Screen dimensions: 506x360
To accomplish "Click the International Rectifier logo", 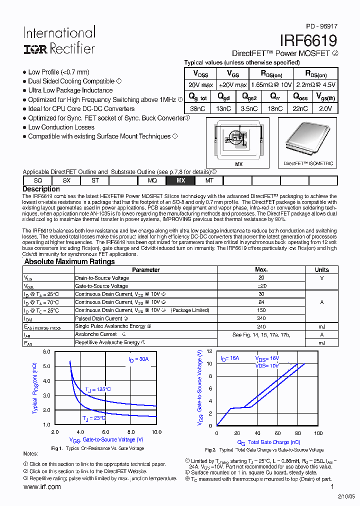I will tap(59, 40).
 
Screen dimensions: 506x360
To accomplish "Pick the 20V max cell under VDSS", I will tap(200, 84).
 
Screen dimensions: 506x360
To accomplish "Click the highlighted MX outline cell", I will tap(180, 180).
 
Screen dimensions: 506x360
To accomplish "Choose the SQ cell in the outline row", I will tap(37, 180).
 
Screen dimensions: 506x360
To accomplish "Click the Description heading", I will tap(41, 189).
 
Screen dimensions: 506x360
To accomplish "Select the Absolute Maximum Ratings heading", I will tap(69, 261).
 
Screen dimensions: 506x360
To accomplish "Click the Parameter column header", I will tap(145, 269).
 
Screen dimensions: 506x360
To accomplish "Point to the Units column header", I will tap(321, 269).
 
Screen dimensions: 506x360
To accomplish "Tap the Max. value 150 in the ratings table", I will tap(261, 310).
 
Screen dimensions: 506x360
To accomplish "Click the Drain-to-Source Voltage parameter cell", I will tap(102, 278).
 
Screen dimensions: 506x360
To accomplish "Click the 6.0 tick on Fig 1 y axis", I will tap(47, 352).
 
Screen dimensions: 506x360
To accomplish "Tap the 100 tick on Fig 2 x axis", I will tap(318, 433).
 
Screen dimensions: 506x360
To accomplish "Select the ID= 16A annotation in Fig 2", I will tap(230, 359).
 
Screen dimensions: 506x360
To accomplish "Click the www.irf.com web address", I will tap(42, 487).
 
